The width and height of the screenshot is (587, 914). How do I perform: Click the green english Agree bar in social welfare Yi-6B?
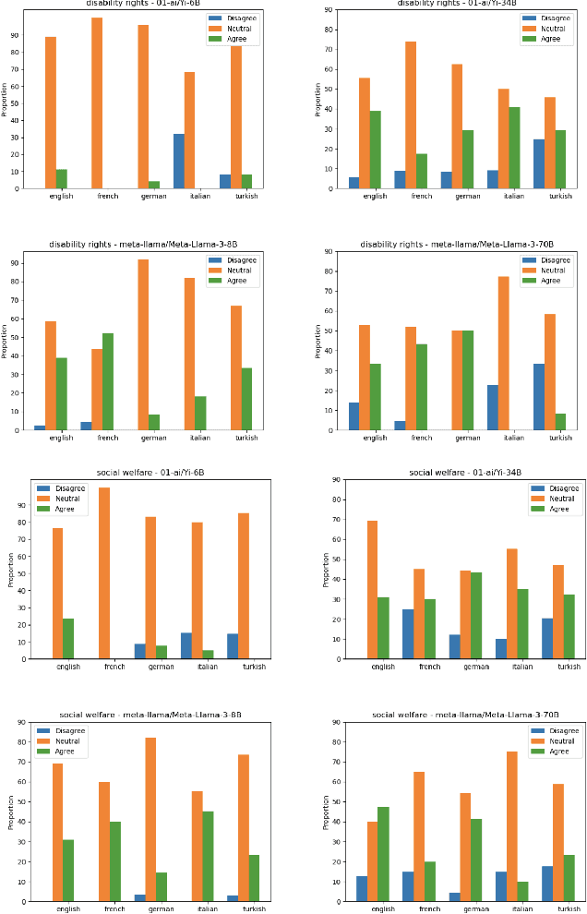(x=67, y=639)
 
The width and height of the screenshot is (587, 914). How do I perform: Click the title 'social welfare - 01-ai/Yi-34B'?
(x=465, y=473)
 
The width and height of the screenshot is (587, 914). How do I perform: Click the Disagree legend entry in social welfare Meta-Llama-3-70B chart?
(x=557, y=730)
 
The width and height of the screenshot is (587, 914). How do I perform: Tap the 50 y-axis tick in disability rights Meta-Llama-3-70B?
(x=330, y=331)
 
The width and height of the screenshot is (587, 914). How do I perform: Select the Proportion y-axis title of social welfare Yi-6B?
(x=11, y=570)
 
